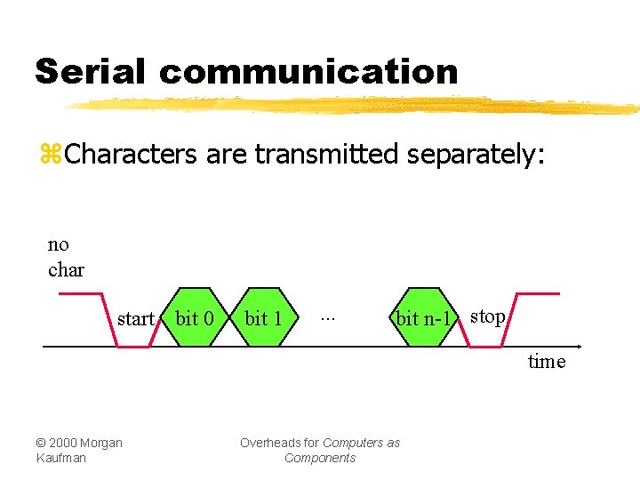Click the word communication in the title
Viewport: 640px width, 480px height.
(309, 71)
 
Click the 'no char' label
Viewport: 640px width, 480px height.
(66, 257)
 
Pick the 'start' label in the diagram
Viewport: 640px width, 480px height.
(136, 319)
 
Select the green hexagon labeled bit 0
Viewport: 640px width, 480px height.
(195, 317)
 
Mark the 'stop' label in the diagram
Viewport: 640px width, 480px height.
(487, 316)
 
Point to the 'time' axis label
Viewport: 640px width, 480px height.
(546, 362)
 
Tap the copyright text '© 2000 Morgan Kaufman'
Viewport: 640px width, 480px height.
(79, 450)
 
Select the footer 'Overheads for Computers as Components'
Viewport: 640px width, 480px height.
(320, 450)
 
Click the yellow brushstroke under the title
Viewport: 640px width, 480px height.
(356, 107)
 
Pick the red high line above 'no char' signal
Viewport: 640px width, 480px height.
(75, 293)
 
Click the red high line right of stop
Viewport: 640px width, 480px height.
(539, 293)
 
